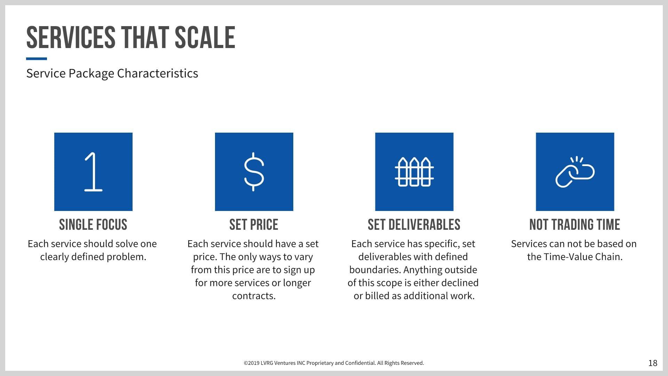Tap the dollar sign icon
pos(254,172)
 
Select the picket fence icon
pos(414,172)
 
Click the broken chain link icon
pos(575,172)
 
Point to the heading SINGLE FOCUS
pos(93,225)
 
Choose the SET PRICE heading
pos(254,225)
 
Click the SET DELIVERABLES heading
pos(414,225)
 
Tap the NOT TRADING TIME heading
pos(575,225)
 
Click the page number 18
pos(653,363)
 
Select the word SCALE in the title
pos(205,38)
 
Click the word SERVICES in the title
pos(71,38)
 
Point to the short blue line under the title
pos(37,59)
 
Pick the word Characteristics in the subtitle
pos(158,73)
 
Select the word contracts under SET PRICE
pos(254,296)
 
